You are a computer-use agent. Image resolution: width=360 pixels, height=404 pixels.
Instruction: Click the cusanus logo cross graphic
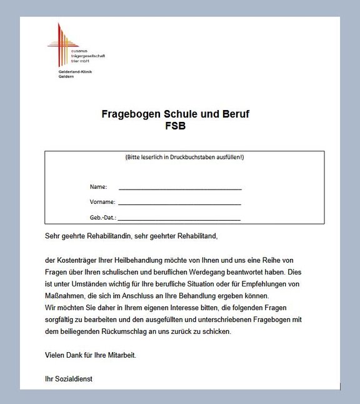(x=61, y=45)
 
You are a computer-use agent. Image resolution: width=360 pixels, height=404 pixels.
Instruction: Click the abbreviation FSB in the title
(x=175, y=125)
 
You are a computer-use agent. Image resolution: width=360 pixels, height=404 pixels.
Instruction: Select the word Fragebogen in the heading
(x=131, y=114)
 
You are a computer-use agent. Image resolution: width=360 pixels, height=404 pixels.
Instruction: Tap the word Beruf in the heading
(x=234, y=114)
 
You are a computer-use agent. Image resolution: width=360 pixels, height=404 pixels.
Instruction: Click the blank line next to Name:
(x=180, y=188)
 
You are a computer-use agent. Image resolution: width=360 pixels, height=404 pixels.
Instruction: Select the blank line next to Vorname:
(x=179, y=203)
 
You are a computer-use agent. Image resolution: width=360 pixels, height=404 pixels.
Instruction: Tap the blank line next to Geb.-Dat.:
(x=179, y=219)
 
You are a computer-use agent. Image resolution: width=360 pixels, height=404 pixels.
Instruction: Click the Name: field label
(x=98, y=187)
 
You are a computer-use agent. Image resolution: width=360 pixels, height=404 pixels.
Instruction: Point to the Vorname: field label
(x=102, y=203)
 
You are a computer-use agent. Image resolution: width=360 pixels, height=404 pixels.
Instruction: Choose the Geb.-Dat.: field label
(x=103, y=218)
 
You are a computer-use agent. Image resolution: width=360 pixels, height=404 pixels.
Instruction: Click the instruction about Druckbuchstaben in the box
(x=184, y=158)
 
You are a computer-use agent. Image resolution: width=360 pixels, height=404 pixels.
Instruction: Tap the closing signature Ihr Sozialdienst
(x=69, y=379)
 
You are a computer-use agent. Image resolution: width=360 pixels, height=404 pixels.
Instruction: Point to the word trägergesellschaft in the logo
(x=87, y=56)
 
